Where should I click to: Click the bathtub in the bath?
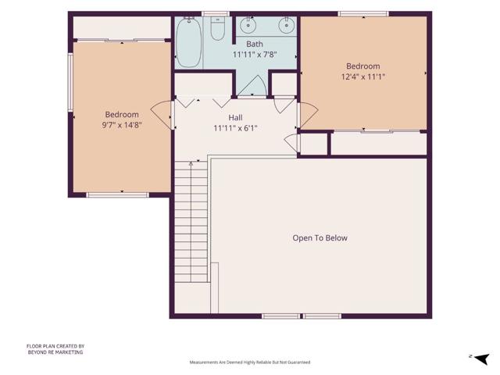click(x=188, y=42)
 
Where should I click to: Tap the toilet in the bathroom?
click(x=218, y=29)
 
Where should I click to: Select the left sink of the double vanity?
click(x=248, y=25)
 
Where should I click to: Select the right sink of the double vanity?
click(x=286, y=25)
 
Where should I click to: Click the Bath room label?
click(x=255, y=44)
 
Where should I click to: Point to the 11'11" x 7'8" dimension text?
click(x=255, y=55)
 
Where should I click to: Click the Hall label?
click(x=235, y=118)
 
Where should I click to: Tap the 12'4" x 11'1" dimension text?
click(x=363, y=77)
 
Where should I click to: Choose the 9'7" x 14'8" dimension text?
click(x=122, y=125)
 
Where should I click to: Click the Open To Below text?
click(x=320, y=237)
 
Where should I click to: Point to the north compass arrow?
click(x=481, y=359)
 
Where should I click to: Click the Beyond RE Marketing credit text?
click(x=55, y=349)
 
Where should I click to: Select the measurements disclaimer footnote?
click(x=250, y=362)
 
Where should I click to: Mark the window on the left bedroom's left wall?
click(x=70, y=82)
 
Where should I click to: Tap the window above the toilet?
click(x=216, y=14)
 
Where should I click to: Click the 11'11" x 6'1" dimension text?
click(x=235, y=128)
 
